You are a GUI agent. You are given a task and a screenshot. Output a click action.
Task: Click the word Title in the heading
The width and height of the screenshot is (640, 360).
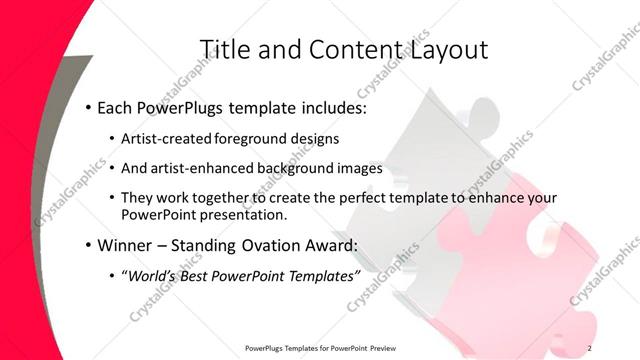[x=226, y=49]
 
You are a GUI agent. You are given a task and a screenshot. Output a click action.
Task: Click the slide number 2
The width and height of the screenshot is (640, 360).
[x=590, y=347]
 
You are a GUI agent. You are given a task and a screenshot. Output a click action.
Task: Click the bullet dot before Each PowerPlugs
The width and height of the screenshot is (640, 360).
[x=88, y=106]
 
